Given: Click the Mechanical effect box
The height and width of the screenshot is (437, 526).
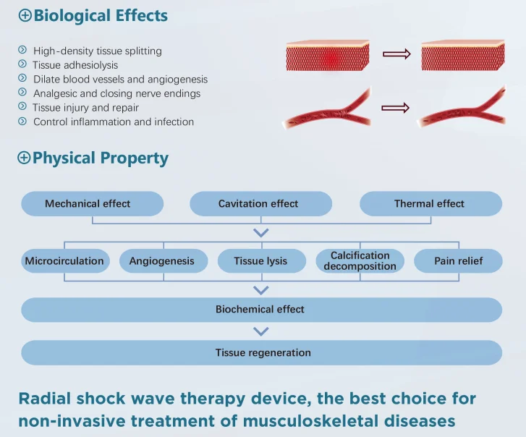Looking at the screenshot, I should (92, 204).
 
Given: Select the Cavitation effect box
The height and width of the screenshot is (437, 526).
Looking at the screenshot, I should (260, 204).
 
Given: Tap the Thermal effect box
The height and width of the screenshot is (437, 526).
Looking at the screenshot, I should (430, 204).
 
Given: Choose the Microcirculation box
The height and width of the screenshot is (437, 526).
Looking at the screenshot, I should (64, 261).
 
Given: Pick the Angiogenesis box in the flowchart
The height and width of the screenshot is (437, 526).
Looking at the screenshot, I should (162, 261).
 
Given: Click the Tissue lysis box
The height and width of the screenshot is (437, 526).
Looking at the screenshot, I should (260, 261).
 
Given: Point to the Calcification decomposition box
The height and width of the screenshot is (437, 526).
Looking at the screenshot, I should (360, 261).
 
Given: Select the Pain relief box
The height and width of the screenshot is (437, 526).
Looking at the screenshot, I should (458, 261).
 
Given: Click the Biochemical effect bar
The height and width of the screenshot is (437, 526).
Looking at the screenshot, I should (260, 310).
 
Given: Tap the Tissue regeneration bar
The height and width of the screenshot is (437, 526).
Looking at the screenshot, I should (260, 353).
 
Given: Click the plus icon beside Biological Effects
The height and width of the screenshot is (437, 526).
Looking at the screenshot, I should (25, 15).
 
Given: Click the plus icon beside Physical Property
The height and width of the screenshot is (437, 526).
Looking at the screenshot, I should (25, 158).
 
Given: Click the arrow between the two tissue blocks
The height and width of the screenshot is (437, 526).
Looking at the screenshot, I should (396, 54).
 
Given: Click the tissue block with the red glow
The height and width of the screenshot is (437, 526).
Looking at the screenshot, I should (327, 56).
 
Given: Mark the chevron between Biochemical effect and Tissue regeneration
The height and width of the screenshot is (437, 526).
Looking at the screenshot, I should (261, 331).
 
